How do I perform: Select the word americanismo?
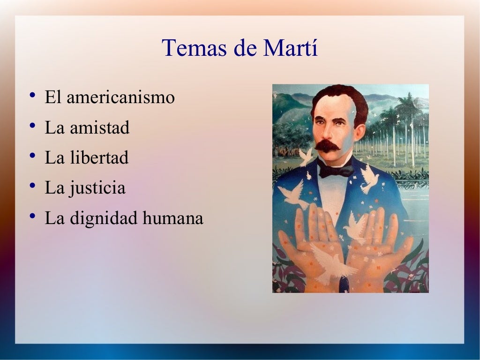coord(120,97)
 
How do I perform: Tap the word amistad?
coord(99,127)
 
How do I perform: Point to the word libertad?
coord(99,157)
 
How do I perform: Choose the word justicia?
coord(98,188)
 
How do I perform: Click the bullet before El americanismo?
coord(31,97)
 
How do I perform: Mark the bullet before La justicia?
coord(31,187)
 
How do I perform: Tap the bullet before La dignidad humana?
coord(31,217)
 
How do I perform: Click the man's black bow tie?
coord(336,169)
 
